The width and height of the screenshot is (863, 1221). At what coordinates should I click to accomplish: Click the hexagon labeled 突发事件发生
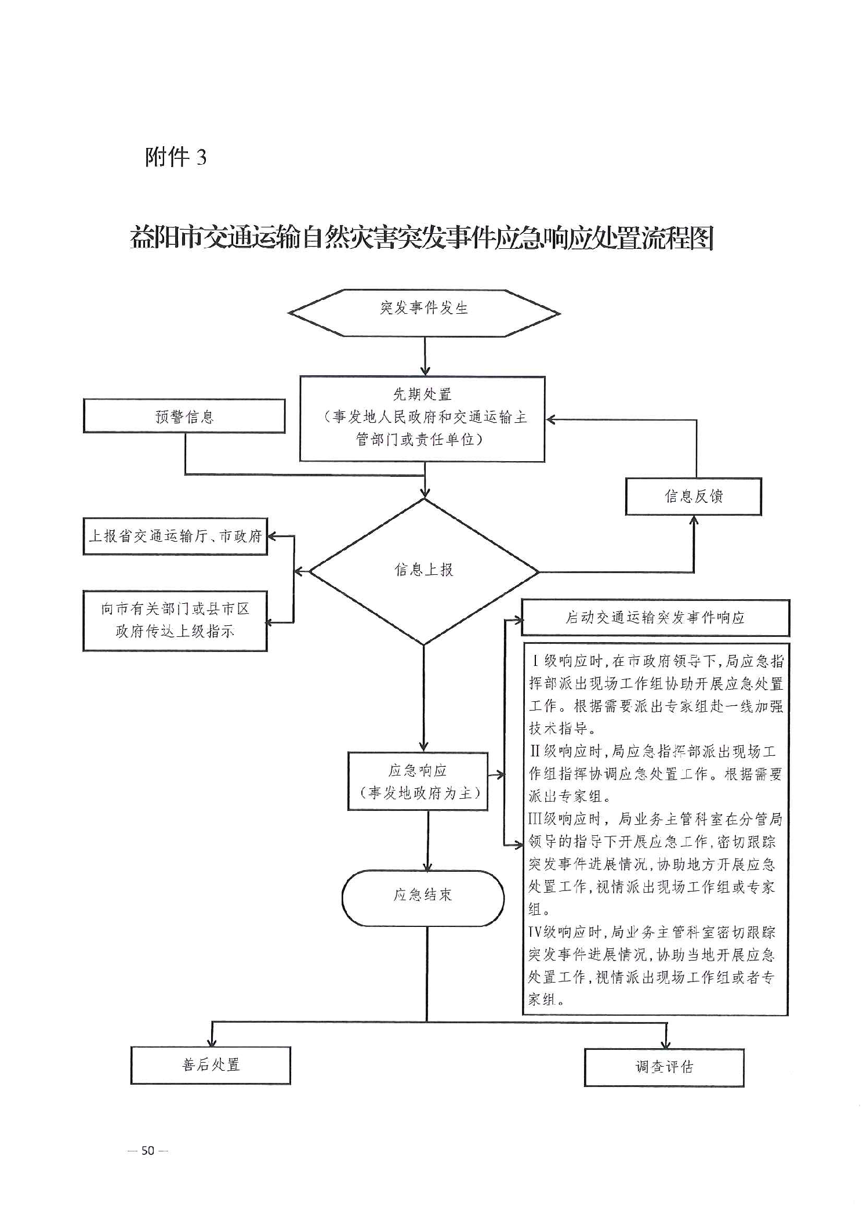click(424, 313)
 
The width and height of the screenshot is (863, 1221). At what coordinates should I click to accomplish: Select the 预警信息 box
click(184, 416)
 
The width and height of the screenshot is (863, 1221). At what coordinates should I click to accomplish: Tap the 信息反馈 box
click(693, 496)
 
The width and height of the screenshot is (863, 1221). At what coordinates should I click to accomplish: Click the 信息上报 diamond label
click(424, 570)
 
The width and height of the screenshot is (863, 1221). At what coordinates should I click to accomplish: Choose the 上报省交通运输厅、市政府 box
click(175, 536)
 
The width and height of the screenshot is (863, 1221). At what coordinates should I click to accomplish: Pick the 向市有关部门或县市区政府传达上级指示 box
click(175, 620)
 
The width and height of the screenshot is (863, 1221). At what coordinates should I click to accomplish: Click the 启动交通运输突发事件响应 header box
click(655, 618)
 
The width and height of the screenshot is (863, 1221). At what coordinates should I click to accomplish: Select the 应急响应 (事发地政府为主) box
click(418, 781)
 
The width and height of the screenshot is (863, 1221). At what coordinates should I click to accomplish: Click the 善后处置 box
click(211, 1065)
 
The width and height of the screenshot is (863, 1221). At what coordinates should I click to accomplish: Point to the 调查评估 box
click(664, 1067)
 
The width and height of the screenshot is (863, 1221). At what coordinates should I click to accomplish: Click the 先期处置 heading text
click(422, 395)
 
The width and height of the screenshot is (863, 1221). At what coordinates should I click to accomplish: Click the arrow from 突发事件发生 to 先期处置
click(425, 356)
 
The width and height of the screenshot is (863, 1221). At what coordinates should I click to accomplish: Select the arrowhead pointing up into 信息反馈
click(694, 520)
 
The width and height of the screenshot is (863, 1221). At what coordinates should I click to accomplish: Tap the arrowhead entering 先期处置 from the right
click(551, 419)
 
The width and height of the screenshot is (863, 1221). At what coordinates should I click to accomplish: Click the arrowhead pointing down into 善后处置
click(212, 1041)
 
